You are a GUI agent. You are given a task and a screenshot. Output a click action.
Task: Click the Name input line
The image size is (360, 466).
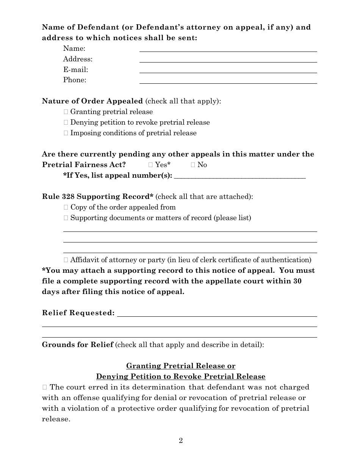click(228, 48)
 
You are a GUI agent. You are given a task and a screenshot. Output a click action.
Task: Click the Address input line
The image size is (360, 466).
click(228, 59)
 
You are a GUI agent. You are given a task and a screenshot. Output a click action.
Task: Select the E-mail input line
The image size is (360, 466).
click(228, 70)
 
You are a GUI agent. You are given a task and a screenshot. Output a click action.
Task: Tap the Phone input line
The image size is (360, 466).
click(228, 80)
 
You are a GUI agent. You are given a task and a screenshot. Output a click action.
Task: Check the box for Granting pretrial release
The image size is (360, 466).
click(66, 112)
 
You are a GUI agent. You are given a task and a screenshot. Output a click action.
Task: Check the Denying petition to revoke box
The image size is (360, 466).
click(66, 122)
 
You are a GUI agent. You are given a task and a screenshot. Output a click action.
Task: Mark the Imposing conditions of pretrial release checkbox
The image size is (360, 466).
click(66, 133)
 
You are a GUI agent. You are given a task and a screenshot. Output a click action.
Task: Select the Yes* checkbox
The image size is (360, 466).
click(150, 165)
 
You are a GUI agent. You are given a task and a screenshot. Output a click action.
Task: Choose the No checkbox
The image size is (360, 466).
click(193, 165)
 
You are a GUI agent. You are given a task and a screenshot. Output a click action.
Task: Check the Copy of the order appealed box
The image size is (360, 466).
click(66, 207)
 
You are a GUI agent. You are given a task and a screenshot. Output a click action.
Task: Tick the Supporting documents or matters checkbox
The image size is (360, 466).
click(66, 218)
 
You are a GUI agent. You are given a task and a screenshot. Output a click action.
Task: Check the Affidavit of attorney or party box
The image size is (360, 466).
click(66, 260)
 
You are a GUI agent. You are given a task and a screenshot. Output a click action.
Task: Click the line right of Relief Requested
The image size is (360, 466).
click(217, 313)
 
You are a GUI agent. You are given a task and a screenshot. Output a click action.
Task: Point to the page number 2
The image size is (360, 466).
click(181, 440)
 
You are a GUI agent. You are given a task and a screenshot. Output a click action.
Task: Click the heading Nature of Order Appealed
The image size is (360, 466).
click(92, 101)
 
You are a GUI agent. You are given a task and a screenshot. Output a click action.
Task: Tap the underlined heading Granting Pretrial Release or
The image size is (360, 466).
click(180, 366)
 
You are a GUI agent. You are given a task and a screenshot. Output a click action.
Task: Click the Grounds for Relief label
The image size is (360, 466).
click(77, 345)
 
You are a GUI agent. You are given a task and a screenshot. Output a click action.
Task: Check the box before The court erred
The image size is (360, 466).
click(45, 387)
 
